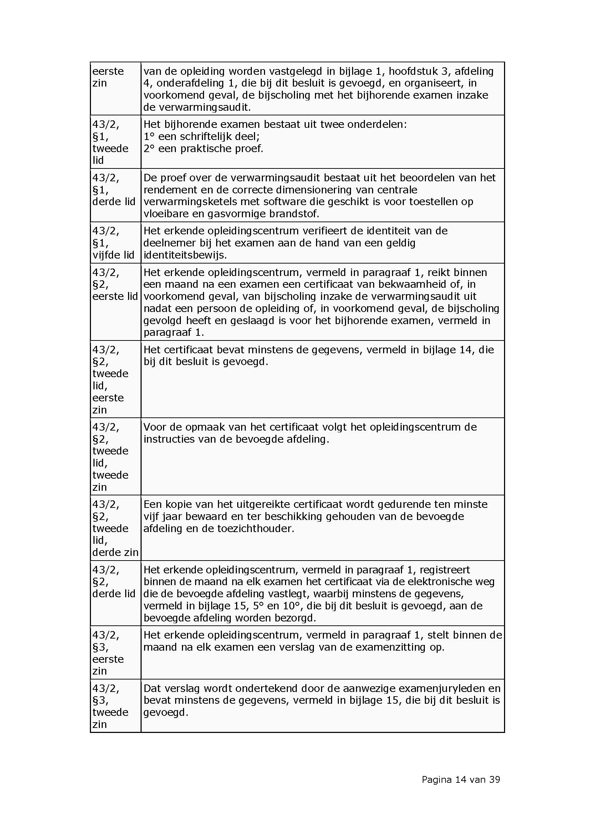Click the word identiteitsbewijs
pyautogui.click(x=185, y=255)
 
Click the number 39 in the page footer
pyautogui.click(x=494, y=779)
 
